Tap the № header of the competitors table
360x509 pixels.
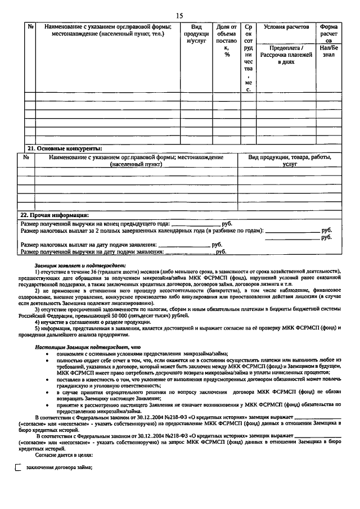click(x=26, y=157)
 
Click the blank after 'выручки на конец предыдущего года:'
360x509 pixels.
click(x=195, y=223)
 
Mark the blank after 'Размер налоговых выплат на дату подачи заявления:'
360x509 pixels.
click(x=184, y=245)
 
